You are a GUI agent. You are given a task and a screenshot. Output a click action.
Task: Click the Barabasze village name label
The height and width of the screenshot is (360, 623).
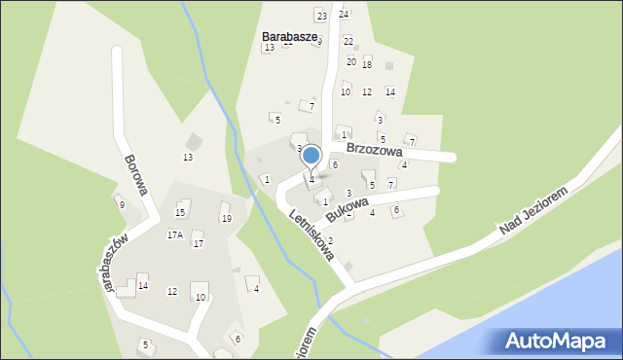(x=290, y=36)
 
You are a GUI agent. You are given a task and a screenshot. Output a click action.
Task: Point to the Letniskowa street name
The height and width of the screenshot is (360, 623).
(x=311, y=234)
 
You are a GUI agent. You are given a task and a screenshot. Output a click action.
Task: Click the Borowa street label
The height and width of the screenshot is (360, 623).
(x=135, y=173)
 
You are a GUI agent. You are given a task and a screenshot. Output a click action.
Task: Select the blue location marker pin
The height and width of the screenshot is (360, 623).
(x=311, y=156)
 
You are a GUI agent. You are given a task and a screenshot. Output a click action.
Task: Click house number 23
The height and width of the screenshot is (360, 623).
(x=321, y=16)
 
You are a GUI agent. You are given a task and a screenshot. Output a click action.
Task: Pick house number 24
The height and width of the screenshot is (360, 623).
(x=344, y=15)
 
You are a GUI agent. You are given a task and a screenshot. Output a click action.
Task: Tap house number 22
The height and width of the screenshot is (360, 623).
(x=348, y=41)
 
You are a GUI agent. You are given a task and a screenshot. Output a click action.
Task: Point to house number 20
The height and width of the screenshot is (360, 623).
(x=351, y=61)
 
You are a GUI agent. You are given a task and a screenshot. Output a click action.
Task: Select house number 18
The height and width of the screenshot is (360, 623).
(x=367, y=64)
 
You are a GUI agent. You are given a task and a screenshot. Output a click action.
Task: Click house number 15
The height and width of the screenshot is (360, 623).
(x=180, y=213)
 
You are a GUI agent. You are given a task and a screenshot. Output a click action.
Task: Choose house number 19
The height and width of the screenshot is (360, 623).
(x=226, y=219)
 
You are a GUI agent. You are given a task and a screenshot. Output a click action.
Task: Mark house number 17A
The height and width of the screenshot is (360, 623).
(x=174, y=234)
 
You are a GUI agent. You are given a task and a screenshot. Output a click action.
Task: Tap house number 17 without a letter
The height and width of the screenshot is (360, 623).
(x=198, y=243)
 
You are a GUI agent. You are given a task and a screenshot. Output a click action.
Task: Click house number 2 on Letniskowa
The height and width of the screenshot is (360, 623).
(x=330, y=240)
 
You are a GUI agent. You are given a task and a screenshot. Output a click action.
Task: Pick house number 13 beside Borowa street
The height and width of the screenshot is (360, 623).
(x=188, y=158)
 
